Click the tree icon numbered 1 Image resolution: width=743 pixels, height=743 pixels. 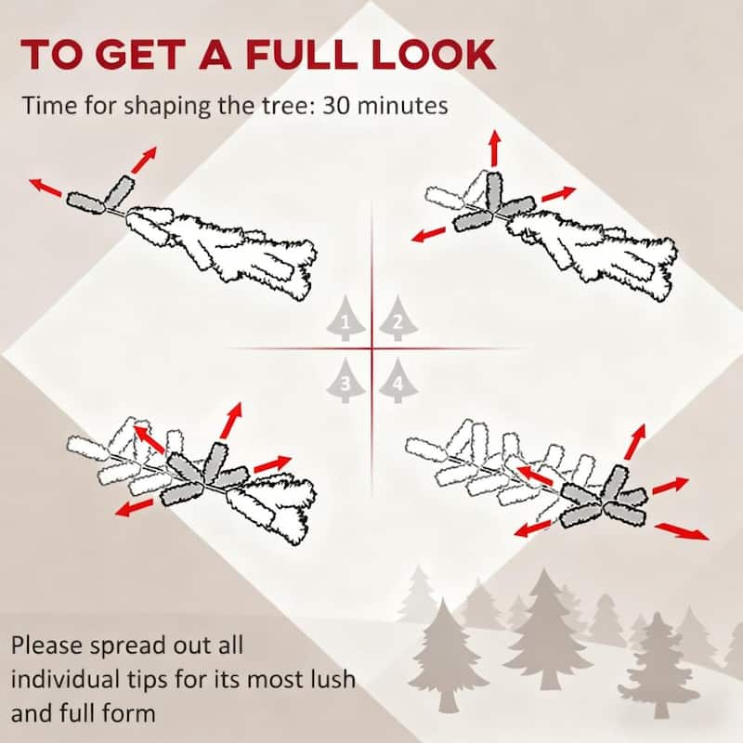pyautogui.click(x=345, y=319)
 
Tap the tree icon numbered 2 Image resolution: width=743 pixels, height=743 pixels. pyautogui.click(x=398, y=319)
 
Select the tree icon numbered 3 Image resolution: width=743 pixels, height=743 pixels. pyautogui.click(x=345, y=381)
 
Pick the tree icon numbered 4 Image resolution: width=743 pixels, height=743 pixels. pyautogui.click(x=398, y=381)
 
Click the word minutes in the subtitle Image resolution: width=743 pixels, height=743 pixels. pyautogui.click(x=403, y=105)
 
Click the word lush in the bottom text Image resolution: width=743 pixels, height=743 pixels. pyautogui.click(x=332, y=679)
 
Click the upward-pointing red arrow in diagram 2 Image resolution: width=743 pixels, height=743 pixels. pyautogui.click(x=495, y=149)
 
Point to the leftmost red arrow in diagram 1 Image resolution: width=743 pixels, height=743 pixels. pyautogui.click(x=45, y=188)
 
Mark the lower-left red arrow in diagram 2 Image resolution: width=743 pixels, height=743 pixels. pyautogui.click(x=429, y=234)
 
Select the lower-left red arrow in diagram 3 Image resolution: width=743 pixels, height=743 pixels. pyautogui.click(x=135, y=507)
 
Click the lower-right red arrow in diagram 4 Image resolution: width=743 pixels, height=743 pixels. pyautogui.click(x=683, y=531)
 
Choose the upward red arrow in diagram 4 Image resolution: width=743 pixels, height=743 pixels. pyautogui.click(x=635, y=442)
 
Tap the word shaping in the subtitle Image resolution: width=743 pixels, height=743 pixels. pyautogui.click(x=167, y=106)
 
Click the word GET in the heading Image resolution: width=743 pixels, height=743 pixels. pyautogui.click(x=142, y=55)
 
